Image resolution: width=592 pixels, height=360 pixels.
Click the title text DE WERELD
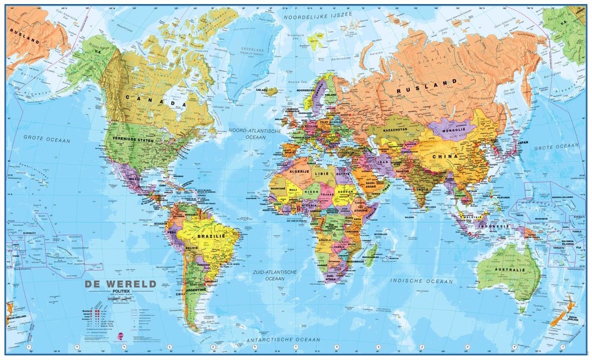coord(120,284)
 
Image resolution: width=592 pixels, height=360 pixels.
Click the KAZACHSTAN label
coord(392,129)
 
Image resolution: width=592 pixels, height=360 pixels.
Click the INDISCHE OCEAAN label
coord(421,281)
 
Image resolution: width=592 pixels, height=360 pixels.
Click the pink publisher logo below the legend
coord(120,336)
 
